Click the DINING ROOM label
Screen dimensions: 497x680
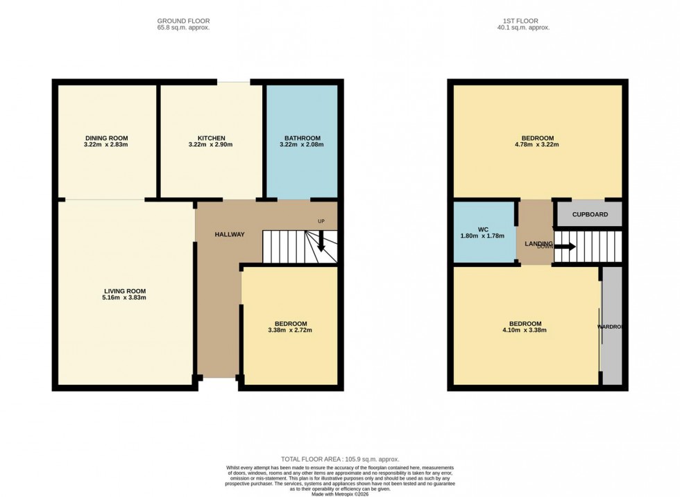(x=106, y=137)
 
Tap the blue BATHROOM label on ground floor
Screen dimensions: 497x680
(x=302, y=137)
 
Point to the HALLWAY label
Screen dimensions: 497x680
(x=229, y=234)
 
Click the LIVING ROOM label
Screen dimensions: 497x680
(x=125, y=290)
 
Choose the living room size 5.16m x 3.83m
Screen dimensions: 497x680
(x=125, y=297)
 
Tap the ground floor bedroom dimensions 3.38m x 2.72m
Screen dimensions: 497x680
(x=291, y=330)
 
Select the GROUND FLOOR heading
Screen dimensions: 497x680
(x=183, y=21)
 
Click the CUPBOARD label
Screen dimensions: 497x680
(x=590, y=214)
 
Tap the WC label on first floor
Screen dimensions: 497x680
(x=484, y=228)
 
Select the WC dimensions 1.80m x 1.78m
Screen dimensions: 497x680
(x=484, y=236)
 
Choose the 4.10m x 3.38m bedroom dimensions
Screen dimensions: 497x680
(x=525, y=330)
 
